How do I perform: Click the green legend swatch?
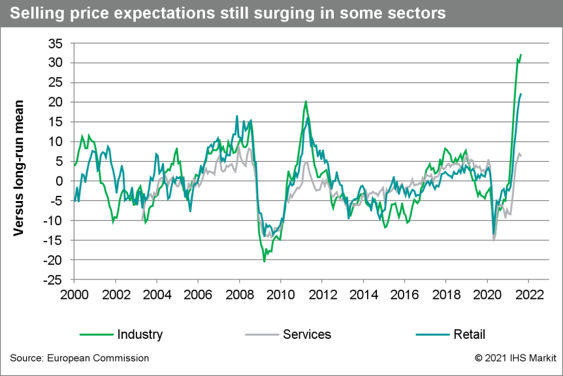pos(97,335)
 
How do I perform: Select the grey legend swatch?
pos(262,335)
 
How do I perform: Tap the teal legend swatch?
pos(432,335)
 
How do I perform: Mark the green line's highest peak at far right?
pos(521,54)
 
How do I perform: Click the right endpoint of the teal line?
pos(521,94)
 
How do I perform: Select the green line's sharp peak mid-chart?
pos(306,102)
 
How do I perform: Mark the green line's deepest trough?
pos(264,261)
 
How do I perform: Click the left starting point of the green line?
pos(74,166)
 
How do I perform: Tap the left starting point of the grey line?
pos(142,210)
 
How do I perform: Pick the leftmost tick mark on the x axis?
pos(74,282)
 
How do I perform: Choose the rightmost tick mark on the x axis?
pos(528,282)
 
